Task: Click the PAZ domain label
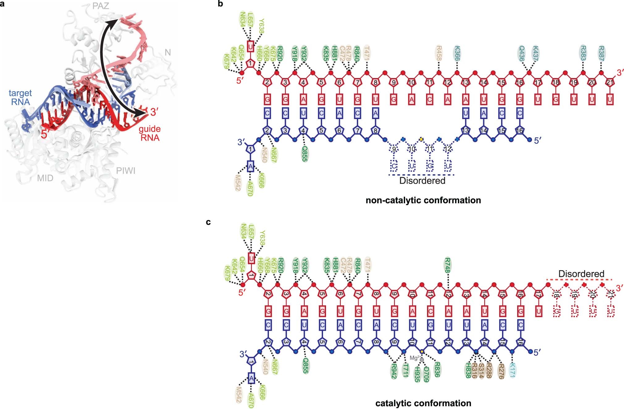pyautogui.click(x=101, y=6)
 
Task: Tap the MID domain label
pyautogui.click(x=45, y=178)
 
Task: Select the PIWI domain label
pyautogui.click(x=126, y=171)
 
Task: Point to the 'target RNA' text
pyautogui.click(x=20, y=97)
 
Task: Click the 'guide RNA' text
pyautogui.click(x=150, y=133)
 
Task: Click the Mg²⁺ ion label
pyautogui.click(x=414, y=358)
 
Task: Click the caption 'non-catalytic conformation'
pyautogui.click(x=423, y=200)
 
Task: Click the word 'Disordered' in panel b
pyautogui.click(x=422, y=181)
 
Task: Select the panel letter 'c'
pyautogui.click(x=208, y=222)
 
